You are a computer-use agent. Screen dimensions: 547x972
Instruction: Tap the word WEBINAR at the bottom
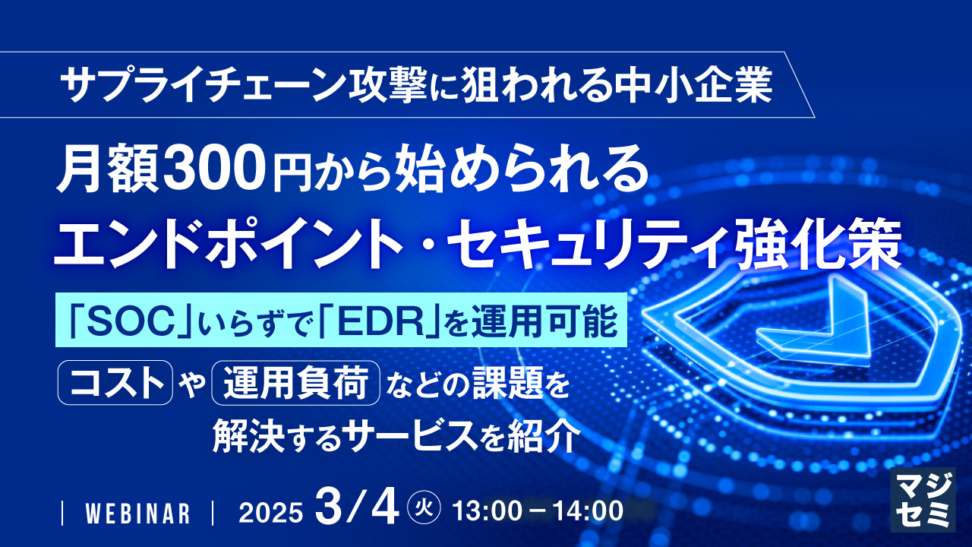tap(137, 513)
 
